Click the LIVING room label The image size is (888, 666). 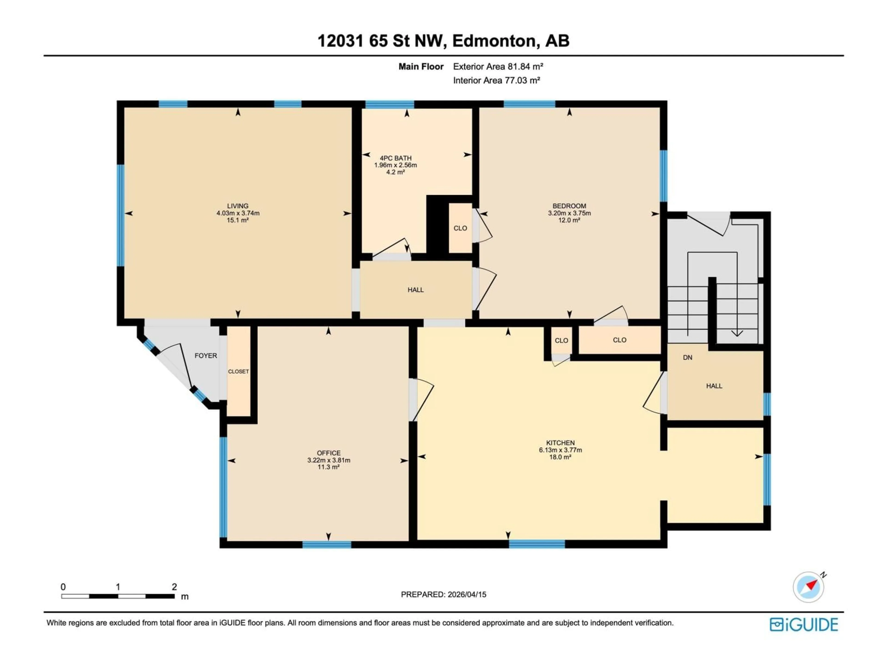point(238,206)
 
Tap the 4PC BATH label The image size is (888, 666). point(395,158)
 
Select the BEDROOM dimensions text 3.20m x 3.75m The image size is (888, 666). point(569,213)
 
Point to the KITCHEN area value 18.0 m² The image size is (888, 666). point(560,457)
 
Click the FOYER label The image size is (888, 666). point(206,356)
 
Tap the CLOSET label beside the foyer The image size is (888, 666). point(238,371)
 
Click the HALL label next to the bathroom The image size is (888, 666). point(416,290)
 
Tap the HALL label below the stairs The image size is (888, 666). point(714,386)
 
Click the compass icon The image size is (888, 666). point(808,587)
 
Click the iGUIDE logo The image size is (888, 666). point(803,625)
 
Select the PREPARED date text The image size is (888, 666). point(443,595)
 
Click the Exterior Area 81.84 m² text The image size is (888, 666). point(498,67)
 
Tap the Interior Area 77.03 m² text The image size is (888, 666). point(496,80)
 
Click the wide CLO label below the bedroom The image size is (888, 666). point(620,340)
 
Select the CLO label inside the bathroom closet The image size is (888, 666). point(460,228)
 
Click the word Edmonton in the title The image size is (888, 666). point(494,41)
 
